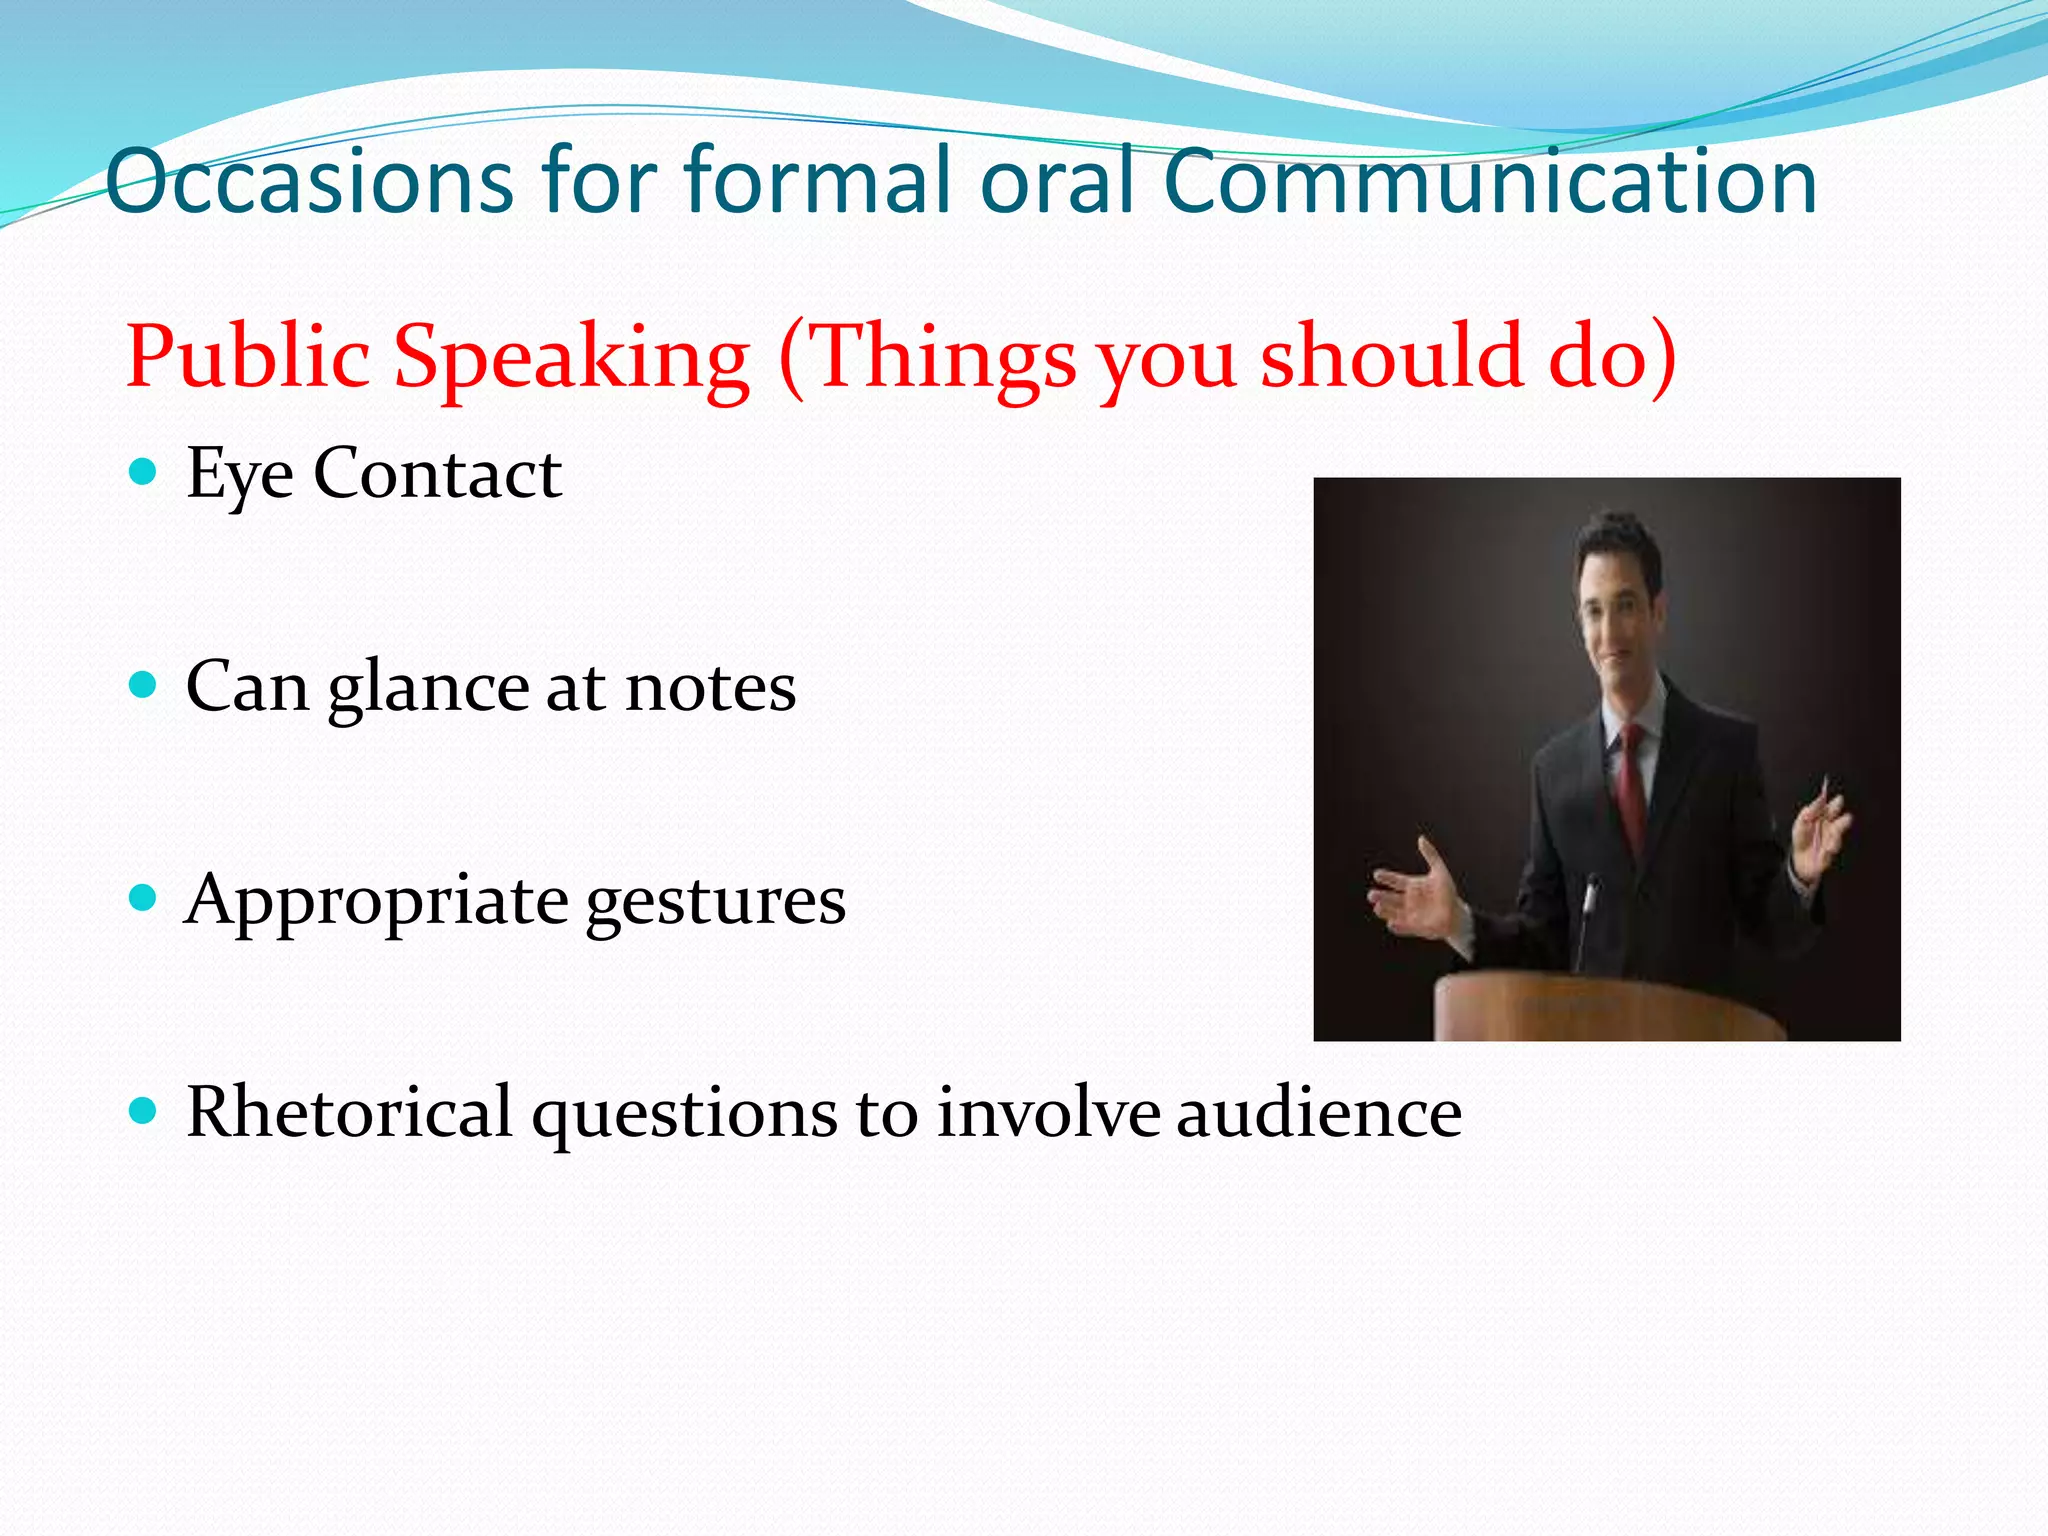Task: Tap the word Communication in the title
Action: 1490,182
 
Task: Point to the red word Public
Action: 247,357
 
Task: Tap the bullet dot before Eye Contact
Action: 144,471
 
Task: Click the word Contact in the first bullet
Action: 437,473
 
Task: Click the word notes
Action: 710,688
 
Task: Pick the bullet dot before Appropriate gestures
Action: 144,898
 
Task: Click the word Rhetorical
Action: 349,1112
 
